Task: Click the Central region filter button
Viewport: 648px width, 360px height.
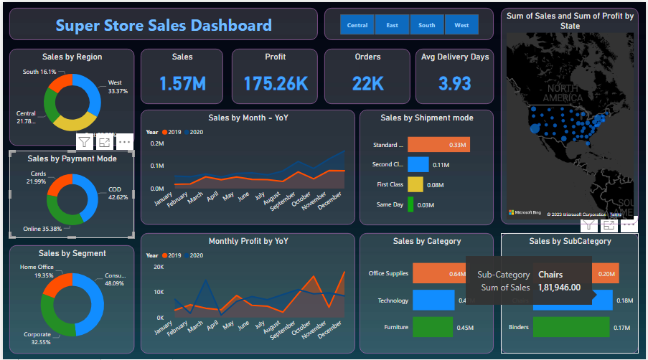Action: tap(357, 25)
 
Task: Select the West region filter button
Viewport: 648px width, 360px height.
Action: tap(461, 25)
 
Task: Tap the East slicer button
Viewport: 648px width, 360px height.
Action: tap(392, 25)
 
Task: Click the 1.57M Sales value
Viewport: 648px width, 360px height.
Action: tap(182, 84)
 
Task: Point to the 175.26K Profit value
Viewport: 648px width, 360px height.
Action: tap(276, 84)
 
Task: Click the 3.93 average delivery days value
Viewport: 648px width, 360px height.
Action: tap(454, 84)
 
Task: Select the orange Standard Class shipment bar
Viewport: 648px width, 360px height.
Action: tap(438, 145)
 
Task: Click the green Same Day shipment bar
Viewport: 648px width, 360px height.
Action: tap(410, 205)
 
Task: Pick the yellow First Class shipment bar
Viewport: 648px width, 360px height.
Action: tap(415, 185)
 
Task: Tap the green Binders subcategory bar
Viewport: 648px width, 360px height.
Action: tap(571, 327)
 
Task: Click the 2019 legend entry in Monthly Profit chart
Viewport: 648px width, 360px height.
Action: tap(172, 255)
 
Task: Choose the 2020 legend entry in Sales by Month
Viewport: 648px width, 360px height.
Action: tap(194, 132)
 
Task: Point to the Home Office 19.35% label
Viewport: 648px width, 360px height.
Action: tap(36, 271)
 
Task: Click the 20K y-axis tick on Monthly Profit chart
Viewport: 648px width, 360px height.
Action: tap(159, 267)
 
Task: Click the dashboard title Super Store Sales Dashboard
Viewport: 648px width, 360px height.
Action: tap(164, 26)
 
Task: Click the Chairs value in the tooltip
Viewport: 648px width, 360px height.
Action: tap(550, 275)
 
